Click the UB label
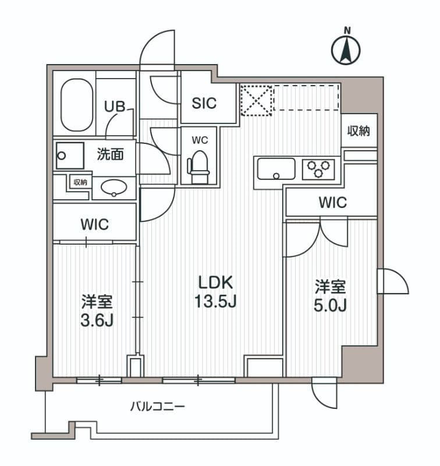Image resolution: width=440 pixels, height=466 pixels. [113, 106]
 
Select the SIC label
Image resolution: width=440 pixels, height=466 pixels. [204, 103]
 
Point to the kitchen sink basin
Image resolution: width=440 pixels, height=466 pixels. [276, 170]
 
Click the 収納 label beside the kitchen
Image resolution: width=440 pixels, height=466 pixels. [359, 131]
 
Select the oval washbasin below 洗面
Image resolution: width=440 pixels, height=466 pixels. [113, 187]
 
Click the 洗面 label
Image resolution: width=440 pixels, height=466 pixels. [111, 155]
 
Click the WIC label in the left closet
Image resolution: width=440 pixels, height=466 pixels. [95, 224]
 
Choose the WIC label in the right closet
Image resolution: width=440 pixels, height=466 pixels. [332, 203]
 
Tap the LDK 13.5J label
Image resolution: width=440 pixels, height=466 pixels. [216, 292]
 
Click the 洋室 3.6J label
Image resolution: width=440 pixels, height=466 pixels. [97, 311]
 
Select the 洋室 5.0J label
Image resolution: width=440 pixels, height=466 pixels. [331, 296]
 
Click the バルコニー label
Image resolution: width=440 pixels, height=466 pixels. [157, 406]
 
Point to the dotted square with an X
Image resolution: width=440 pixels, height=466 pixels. [257, 98]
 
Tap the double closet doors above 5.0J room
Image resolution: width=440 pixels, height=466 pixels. [318, 239]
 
